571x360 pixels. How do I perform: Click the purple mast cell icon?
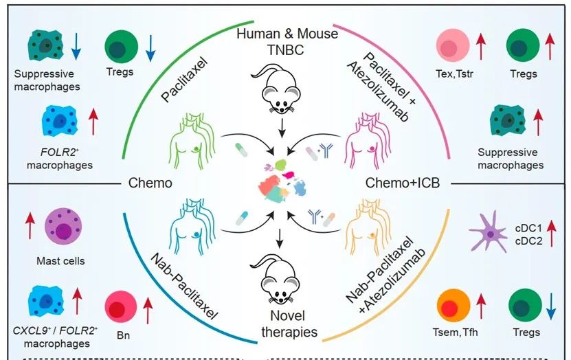63,227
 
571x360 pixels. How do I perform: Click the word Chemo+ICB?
403,182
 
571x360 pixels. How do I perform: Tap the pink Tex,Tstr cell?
453,46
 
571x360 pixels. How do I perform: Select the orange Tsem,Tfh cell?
454,306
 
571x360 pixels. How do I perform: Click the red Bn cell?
121,306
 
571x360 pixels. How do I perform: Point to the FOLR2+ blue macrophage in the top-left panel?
60,120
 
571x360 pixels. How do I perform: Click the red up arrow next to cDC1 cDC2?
551,234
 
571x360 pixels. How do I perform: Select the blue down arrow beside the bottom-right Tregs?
551,306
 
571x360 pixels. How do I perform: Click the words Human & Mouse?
287,34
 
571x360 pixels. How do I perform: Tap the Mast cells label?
60,260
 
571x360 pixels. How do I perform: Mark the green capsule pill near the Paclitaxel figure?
241,150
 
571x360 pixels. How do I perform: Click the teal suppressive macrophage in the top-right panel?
508,120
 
